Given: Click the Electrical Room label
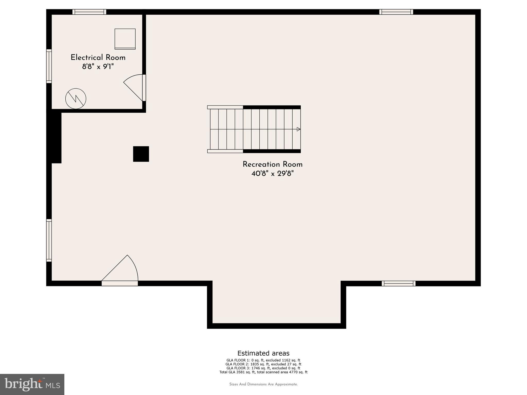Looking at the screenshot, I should (x=98, y=58).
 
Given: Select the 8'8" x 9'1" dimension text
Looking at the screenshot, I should (x=98, y=67).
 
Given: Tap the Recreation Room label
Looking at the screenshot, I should (x=273, y=165).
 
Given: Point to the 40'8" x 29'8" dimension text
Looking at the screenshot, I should (x=273, y=174).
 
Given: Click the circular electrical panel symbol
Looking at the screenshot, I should (x=76, y=99).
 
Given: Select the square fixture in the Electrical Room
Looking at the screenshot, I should (x=125, y=39).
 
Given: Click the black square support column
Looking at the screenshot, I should (x=141, y=154).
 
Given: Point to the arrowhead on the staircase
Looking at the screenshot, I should (x=298, y=129).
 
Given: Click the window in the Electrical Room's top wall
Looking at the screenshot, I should (x=89, y=12).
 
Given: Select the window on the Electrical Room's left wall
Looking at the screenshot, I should (x=49, y=66).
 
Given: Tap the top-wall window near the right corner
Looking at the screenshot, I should (x=396, y=12).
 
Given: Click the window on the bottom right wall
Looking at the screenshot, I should (x=399, y=283).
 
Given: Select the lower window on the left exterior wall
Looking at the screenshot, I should (x=49, y=240).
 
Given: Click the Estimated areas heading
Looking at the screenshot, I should (x=263, y=353).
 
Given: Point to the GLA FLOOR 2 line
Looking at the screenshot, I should (x=263, y=364).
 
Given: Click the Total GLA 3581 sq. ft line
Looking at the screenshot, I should (x=263, y=372).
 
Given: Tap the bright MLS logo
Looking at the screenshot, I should (x=32, y=384).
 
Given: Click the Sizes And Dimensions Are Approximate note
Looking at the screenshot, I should (x=263, y=384).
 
